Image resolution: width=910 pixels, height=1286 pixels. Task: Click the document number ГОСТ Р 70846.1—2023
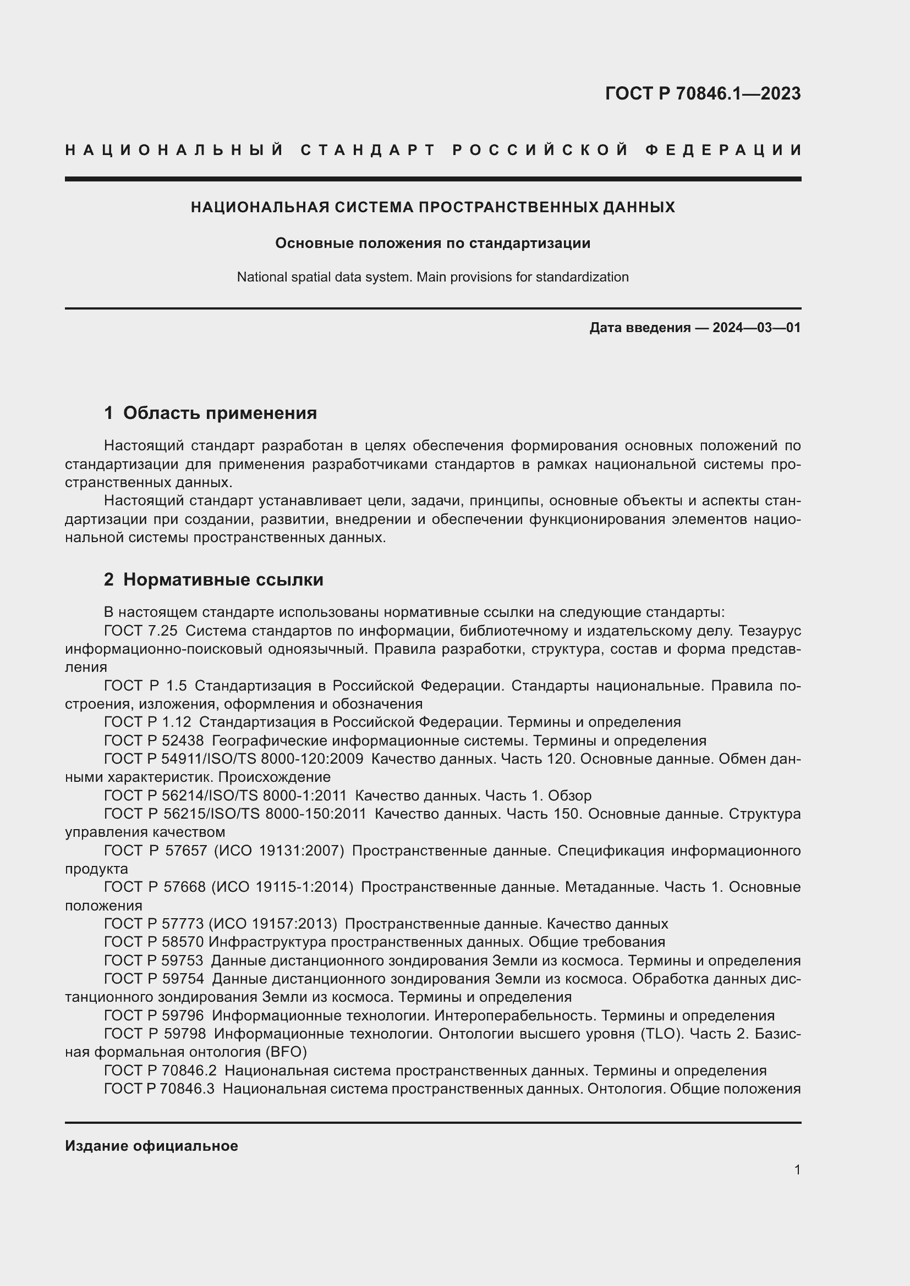click(703, 93)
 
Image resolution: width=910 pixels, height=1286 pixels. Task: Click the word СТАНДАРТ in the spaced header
click(368, 150)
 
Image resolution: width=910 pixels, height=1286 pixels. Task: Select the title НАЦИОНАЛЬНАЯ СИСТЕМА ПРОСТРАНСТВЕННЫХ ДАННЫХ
click(432, 207)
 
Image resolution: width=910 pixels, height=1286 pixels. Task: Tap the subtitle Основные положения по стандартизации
click(432, 243)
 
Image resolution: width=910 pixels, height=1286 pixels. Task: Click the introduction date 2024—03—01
click(756, 328)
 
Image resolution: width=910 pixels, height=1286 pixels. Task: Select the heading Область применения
click(220, 413)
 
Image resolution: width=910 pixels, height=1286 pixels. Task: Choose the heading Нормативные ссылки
click(223, 579)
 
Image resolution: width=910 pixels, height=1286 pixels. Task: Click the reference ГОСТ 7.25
click(141, 631)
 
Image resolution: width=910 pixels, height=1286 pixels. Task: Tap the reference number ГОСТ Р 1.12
click(147, 722)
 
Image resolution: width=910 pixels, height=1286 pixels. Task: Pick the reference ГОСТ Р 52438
click(154, 741)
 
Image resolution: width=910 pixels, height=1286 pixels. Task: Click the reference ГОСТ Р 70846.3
click(159, 1089)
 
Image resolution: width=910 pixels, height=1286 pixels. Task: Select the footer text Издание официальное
click(151, 1146)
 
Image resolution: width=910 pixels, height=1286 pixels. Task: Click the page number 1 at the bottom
click(797, 1169)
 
